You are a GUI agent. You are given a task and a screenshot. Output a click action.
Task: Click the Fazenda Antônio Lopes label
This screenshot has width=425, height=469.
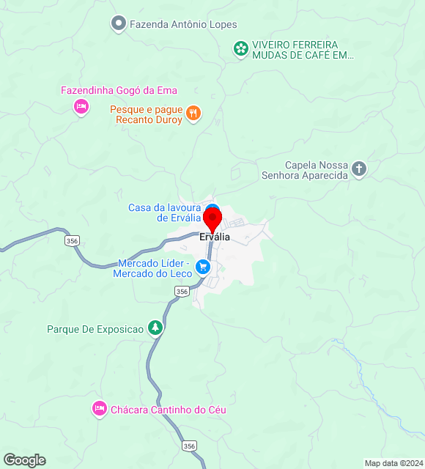point(183,24)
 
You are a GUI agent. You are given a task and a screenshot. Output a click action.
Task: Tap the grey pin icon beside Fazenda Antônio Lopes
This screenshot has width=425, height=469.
point(118,24)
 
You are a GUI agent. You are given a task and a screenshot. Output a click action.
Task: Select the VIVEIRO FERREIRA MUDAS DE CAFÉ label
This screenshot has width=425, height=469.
point(303,49)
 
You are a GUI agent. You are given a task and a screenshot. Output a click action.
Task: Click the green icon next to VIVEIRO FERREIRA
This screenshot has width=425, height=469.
point(240,49)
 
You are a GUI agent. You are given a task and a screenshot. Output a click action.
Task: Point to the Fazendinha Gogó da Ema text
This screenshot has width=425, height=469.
point(119,90)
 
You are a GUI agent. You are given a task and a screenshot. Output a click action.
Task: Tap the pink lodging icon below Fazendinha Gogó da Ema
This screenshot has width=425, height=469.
point(81,108)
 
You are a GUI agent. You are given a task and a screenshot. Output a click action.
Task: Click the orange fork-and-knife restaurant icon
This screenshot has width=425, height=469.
point(193,113)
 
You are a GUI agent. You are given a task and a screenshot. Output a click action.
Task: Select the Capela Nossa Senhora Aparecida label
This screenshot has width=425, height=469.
point(304,170)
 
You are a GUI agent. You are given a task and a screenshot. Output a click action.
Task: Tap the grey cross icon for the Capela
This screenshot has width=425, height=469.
point(359,170)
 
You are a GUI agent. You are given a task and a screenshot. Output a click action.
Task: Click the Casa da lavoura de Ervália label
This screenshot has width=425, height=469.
point(165,213)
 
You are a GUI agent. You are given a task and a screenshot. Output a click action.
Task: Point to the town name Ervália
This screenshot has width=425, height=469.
point(215,237)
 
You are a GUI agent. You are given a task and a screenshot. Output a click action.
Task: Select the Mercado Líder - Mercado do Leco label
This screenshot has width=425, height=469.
point(152,268)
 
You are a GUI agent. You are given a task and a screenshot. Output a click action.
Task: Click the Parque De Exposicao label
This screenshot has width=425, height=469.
point(95,329)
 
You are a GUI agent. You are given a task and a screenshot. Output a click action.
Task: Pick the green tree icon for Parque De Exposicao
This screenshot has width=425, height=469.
point(155,328)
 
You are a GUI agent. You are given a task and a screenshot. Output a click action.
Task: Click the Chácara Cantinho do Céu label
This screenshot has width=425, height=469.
point(168,410)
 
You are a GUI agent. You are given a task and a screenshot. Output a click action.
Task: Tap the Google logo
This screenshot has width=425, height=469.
point(24,460)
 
